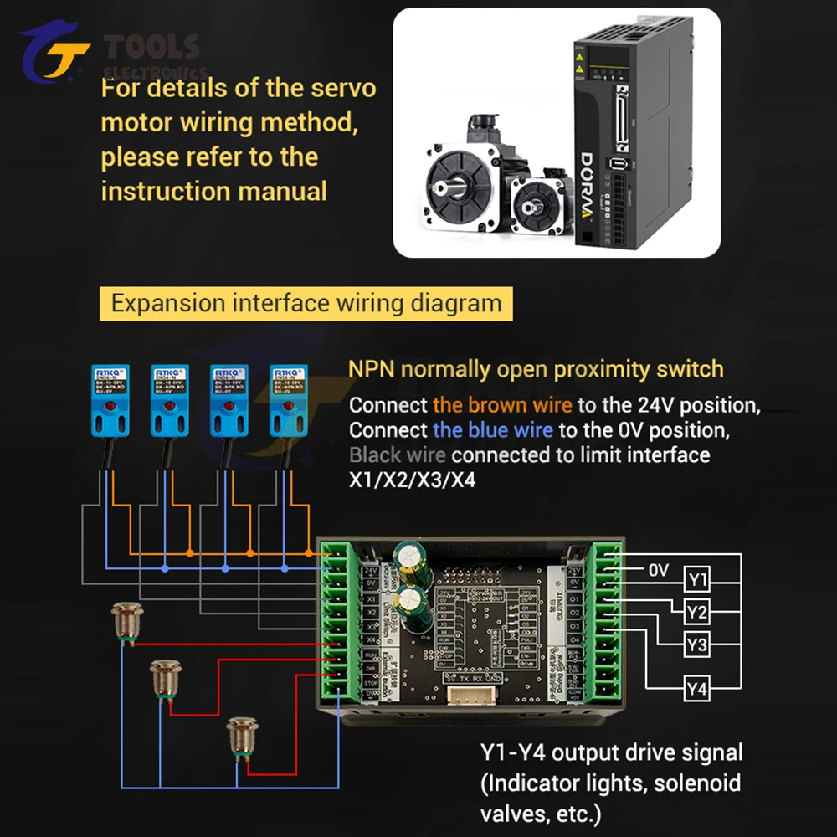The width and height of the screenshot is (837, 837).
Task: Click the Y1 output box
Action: pyautogui.click(x=697, y=578)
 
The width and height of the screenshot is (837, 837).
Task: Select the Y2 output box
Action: pyautogui.click(x=697, y=613)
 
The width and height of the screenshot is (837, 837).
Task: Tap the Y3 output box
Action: pyautogui.click(x=697, y=645)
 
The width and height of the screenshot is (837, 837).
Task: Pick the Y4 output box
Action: pyautogui.click(x=697, y=689)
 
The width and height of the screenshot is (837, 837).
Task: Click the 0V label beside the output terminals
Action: pyautogui.click(x=659, y=571)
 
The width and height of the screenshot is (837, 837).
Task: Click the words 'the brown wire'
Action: pyautogui.click(x=502, y=405)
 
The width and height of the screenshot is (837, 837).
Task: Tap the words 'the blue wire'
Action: pyautogui.click(x=492, y=430)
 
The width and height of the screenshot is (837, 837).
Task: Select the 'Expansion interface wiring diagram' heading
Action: pyautogui.click(x=306, y=303)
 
